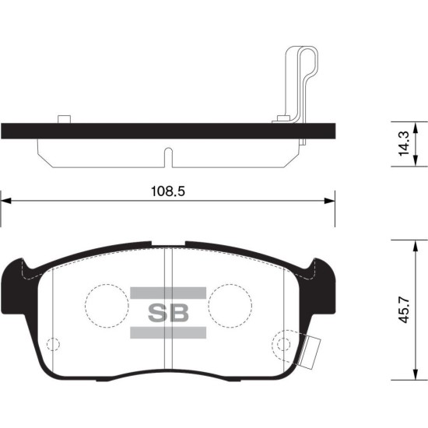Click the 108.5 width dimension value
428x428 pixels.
pos(168,191)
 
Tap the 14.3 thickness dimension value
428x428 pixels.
pos(404,144)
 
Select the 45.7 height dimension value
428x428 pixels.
pos(404,310)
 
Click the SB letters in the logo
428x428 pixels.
pos(168,313)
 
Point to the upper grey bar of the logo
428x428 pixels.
pos(168,293)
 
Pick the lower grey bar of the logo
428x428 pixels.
pos(168,332)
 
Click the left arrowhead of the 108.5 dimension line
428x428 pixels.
pos(6,201)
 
